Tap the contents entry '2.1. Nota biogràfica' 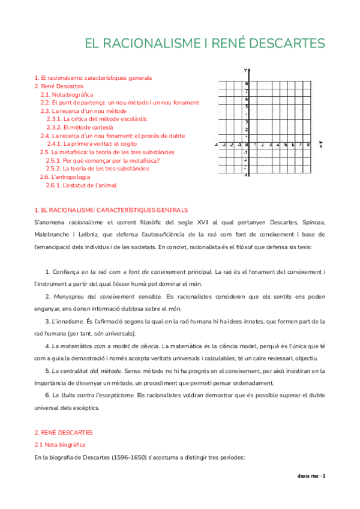67,95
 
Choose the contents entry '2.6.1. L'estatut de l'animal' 81,185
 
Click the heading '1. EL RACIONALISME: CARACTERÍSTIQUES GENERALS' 111,210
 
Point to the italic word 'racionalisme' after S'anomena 79,222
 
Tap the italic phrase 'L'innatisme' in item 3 68,322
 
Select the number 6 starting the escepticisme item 47,396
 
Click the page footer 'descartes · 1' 311,476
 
